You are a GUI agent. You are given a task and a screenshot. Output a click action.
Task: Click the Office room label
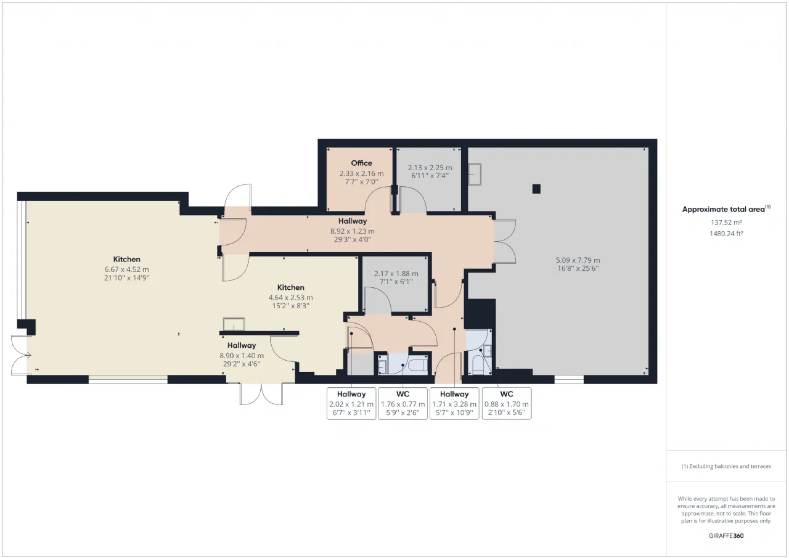tap(361, 163)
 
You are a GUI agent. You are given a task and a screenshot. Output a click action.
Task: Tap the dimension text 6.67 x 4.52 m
tap(127, 269)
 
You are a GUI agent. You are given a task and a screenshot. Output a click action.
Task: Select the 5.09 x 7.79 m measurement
tap(578, 260)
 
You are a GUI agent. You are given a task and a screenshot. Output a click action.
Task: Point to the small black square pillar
tap(536, 189)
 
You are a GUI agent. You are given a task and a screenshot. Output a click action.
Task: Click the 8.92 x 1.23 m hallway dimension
tap(352, 231)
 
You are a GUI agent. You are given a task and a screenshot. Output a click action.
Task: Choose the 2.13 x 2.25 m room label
tap(430, 168)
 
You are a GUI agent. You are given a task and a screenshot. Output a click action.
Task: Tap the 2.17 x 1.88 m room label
tap(396, 274)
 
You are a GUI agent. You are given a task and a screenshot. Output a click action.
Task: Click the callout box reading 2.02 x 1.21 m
tap(351, 404)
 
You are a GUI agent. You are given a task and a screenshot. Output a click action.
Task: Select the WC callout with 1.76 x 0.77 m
tap(403, 404)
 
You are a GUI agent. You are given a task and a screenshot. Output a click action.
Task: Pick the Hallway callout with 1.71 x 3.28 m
tap(454, 404)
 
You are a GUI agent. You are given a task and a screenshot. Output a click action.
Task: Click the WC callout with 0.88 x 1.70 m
tap(507, 404)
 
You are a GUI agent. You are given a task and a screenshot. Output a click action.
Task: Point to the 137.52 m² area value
tap(726, 223)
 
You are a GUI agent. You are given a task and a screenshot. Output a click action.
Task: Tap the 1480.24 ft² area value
tap(726, 233)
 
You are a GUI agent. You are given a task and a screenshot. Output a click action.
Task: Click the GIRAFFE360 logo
tap(726, 536)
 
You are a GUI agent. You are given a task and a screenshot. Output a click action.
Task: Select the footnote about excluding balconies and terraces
tap(726, 466)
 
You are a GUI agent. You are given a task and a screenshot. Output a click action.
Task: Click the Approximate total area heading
tap(726, 209)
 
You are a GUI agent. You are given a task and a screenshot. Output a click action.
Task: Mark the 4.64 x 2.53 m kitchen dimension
tap(290, 298)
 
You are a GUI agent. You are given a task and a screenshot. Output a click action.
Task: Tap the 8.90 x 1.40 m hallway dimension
tap(242, 356)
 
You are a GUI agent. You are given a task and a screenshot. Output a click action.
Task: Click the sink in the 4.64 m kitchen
tap(234, 324)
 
